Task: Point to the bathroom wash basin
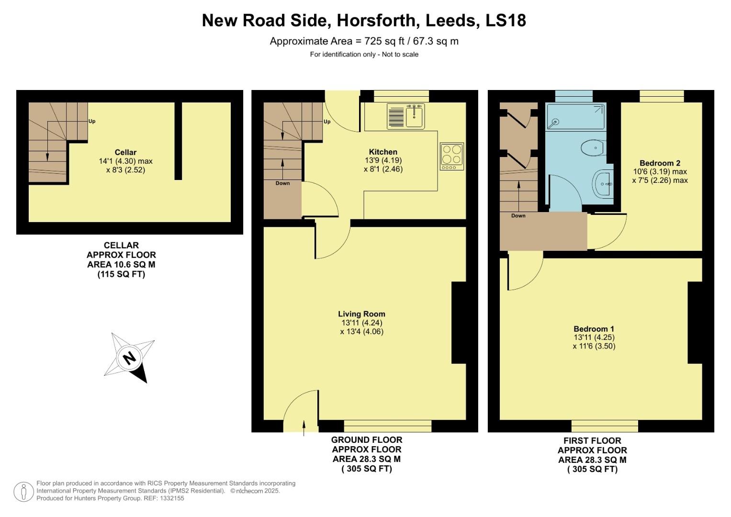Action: pyautogui.click(x=603, y=183)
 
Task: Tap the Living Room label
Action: pyautogui.click(x=361, y=314)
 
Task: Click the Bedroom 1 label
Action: pyautogui.click(x=594, y=329)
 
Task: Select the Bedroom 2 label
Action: pyautogui.click(x=660, y=163)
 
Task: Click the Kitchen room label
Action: pyautogui.click(x=383, y=152)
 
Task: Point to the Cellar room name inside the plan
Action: pyautogui.click(x=125, y=152)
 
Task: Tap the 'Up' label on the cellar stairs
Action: pyautogui.click(x=92, y=121)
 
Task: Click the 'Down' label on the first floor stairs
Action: pyautogui.click(x=518, y=216)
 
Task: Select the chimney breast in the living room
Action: pyautogui.click(x=459, y=323)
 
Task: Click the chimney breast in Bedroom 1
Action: pyautogui.click(x=695, y=323)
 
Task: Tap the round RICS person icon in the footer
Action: pyautogui.click(x=23, y=492)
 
